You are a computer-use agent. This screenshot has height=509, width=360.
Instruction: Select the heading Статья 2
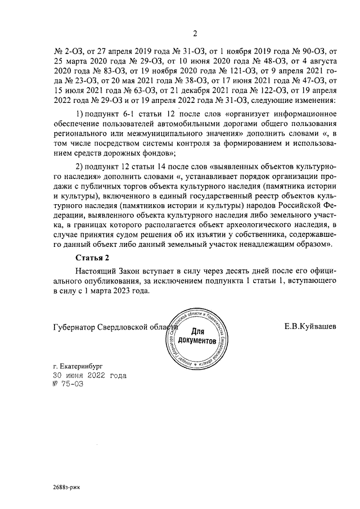[92, 258]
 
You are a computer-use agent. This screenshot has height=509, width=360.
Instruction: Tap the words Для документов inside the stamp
[196, 336]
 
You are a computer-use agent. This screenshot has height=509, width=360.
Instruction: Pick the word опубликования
[96, 282]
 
